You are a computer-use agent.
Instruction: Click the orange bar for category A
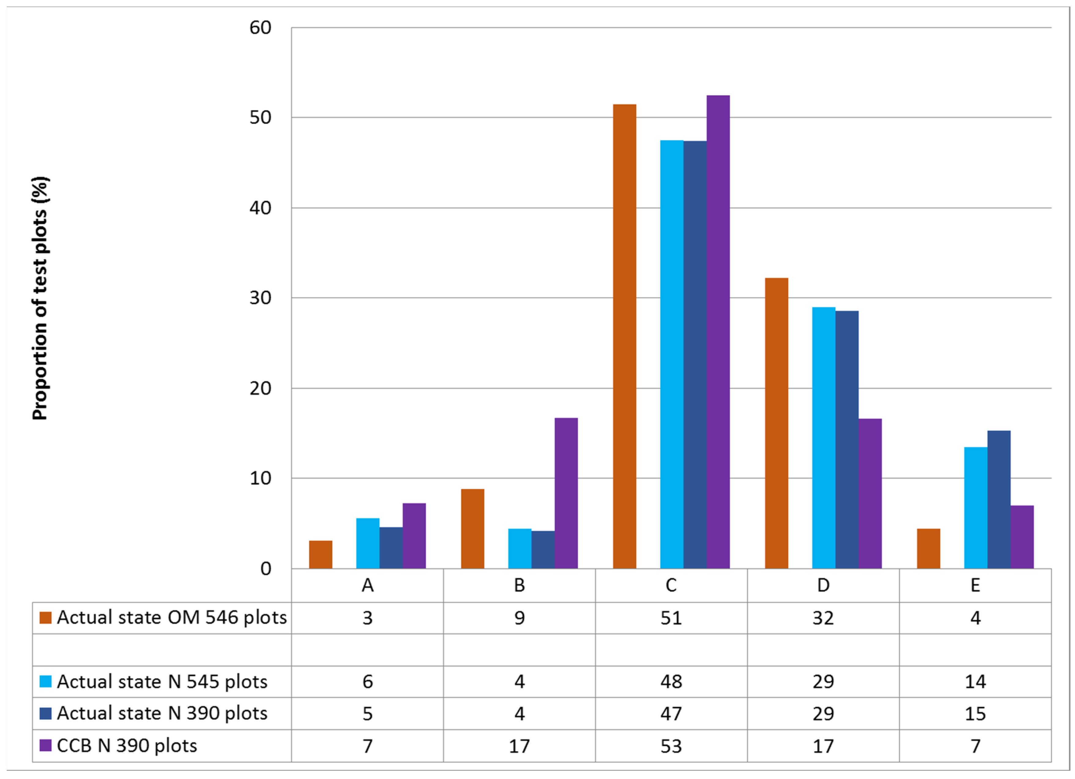coord(320,554)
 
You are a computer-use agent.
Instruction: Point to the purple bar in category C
coord(718,332)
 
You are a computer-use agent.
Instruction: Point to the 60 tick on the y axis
coord(260,28)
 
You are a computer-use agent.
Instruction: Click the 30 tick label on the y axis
coord(260,298)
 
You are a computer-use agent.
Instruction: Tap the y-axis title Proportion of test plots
coord(41,299)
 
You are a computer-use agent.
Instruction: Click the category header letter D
coord(823,586)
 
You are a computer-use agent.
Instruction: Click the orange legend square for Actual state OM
coord(46,618)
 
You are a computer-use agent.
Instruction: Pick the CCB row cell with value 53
coord(671,746)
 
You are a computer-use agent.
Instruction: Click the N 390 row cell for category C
coord(671,714)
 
